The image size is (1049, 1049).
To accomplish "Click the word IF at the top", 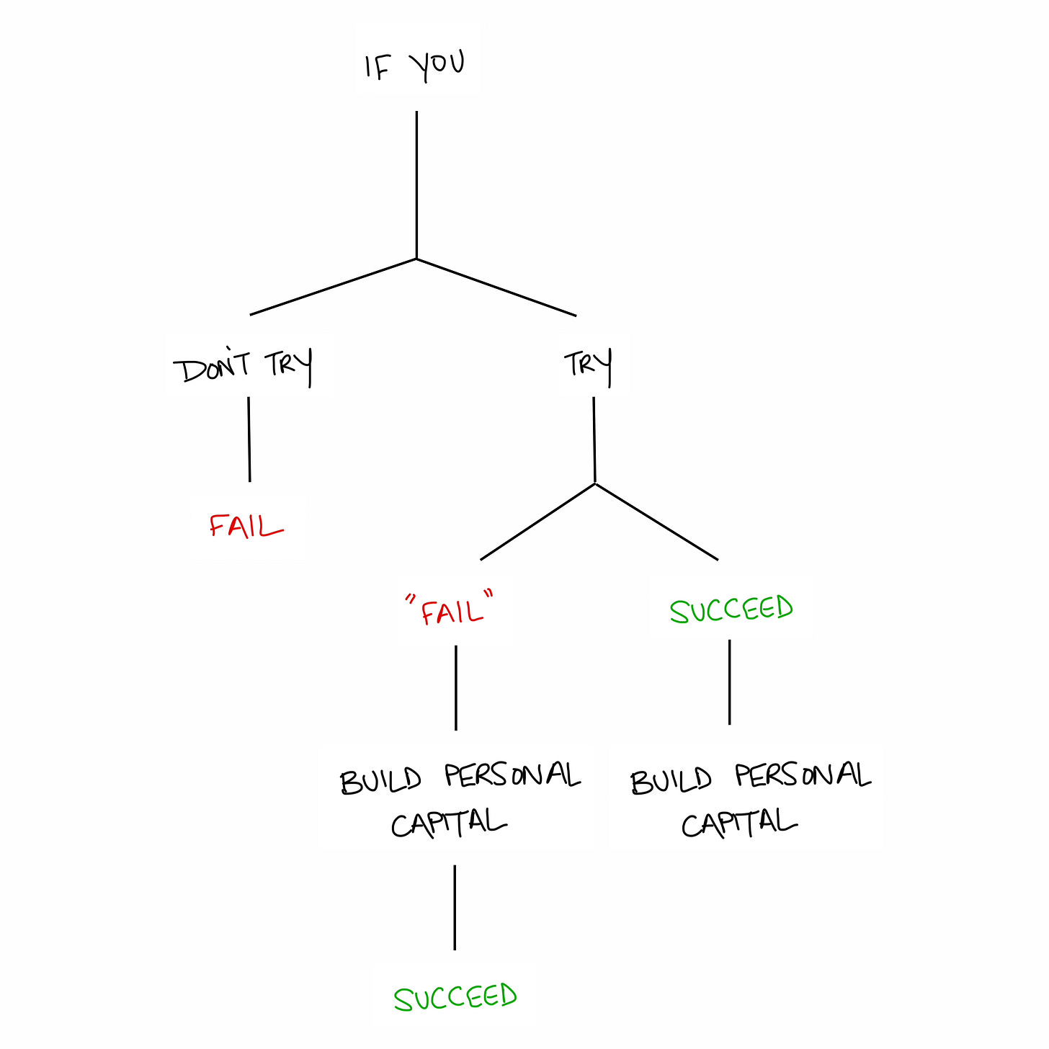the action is pyautogui.click(x=378, y=67).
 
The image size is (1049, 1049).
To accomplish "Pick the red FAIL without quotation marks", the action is pyautogui.click(x=246, y=526).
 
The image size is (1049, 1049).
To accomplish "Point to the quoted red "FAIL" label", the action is pyautogui.click(x=451, y=610).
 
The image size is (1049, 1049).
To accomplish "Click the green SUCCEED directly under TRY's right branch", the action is pyautogui.click(x=731, y=610).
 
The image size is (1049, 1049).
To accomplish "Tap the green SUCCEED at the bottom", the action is pyautogui.click(x=455, y=998).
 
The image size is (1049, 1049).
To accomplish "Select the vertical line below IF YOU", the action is pyautogui.click(x=416, y=184).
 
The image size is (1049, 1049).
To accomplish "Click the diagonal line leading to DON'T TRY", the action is pyautogui.click(x=333, y=287).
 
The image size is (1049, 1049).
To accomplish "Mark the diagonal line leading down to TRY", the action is pyautogui.click(x=496, y=287).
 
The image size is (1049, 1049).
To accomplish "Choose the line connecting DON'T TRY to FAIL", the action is pyautogui.click(x=249, y=439).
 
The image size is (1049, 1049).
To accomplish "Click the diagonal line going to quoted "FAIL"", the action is pyautogui.click(x=537, y=522).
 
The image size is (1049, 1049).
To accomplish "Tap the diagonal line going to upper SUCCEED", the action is pyautogui.click(x=656, y=522).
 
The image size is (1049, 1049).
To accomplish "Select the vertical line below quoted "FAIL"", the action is pyautogui.click(x=456, y=687).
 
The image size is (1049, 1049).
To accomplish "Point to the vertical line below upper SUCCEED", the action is pyautogui.click(x=729, y=682).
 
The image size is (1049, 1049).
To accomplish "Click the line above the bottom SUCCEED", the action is pyautogui.click(x=455, y=907).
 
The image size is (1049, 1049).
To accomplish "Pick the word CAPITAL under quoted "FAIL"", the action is pyautogui.click(x=449, y=823).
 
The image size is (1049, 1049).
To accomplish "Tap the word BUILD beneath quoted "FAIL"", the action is pyautogui.click(x=381, y=781).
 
